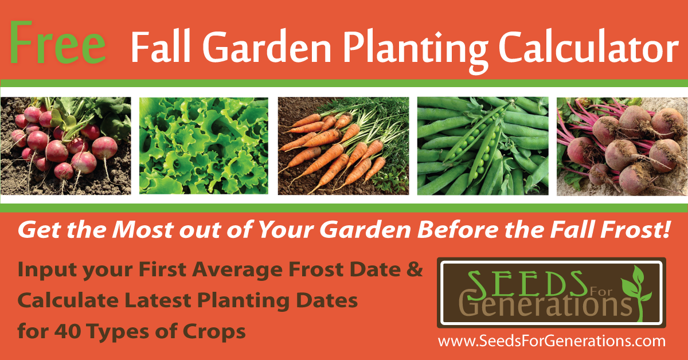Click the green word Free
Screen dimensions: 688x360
coord(58,42)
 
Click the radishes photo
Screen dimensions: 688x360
coord(66,146)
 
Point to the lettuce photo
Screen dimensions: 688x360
coord(204,146)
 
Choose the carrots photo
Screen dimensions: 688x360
coord(343,146)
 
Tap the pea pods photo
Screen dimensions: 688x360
coord(483,146)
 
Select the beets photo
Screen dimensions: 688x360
coord(622,147)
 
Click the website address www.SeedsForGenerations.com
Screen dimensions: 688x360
coord(552,342)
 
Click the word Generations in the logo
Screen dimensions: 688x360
coord(545,305)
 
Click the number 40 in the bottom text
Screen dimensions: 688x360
coord(68,331)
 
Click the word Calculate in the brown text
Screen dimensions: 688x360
coord(68,300)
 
